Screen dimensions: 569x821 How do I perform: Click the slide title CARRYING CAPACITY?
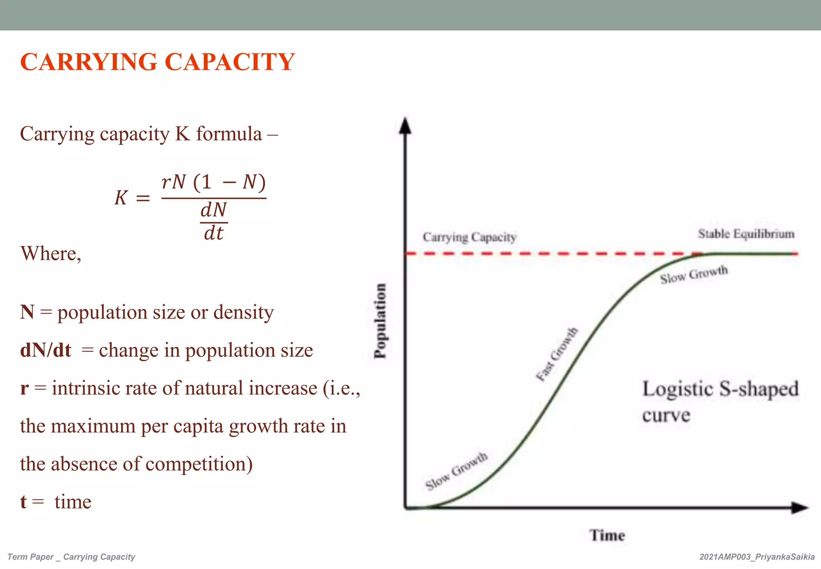coord(158,62)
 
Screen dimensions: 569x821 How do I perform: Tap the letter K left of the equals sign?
coord(121,198)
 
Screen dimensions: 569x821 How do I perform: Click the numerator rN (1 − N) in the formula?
coord(214,182)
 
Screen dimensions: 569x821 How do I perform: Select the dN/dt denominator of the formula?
coord(214,222)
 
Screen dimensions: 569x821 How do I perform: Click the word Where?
coord(51,254)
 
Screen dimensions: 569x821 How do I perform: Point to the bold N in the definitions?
coord(27,312)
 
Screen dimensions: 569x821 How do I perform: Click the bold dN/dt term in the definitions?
coord(46,350)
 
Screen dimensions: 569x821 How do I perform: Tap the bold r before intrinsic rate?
coord(24,388)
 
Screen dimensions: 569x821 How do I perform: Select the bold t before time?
coord(23,502)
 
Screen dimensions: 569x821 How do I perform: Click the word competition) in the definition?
coord(199,464)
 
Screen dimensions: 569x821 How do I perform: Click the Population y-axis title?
coord(380,321)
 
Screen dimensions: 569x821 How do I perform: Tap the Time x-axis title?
coord(607,535)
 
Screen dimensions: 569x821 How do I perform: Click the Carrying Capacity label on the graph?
coord(469,237)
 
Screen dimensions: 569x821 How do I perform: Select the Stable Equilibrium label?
coord(746,234)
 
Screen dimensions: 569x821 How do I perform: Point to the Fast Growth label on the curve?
coord(557,354)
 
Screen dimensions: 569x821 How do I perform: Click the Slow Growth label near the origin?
coord(456,471)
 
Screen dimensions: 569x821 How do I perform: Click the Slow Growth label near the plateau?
coord(694,275)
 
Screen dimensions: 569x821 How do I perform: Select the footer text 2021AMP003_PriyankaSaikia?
coord(757,557)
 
